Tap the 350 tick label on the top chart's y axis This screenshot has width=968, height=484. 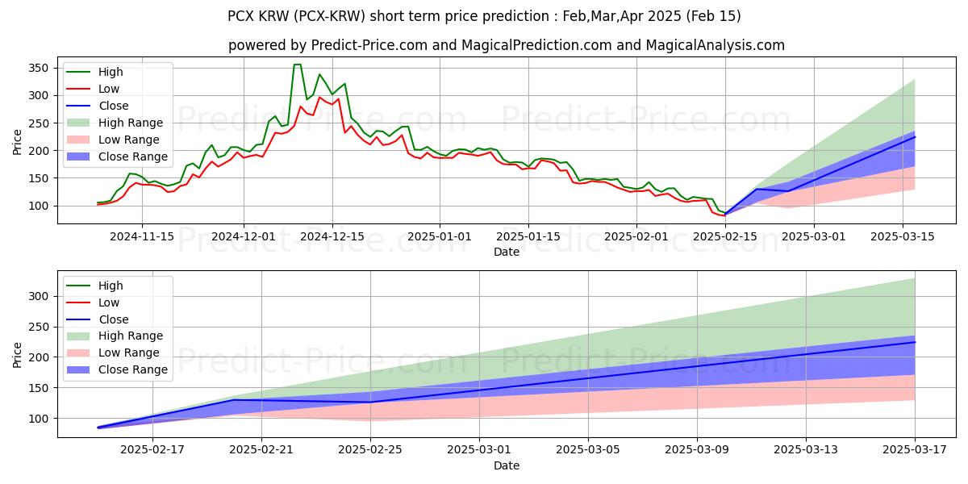click(40, 68)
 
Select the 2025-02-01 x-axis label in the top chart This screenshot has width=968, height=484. click(636, 236)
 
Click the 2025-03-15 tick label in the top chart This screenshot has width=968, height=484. click(902, 236)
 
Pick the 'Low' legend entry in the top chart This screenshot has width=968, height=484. click(111, 89)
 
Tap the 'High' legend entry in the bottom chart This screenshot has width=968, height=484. click(111, 286)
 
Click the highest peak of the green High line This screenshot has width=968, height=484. click(297, 65)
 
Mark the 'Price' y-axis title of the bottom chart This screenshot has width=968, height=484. click(18, 354)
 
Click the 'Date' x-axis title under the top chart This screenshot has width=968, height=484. click(506, 252)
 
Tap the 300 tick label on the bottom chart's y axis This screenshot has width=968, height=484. click(40, 296)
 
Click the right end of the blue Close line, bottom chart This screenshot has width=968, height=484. click(915, 342)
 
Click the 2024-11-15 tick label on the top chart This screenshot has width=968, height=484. click(142, 236)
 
